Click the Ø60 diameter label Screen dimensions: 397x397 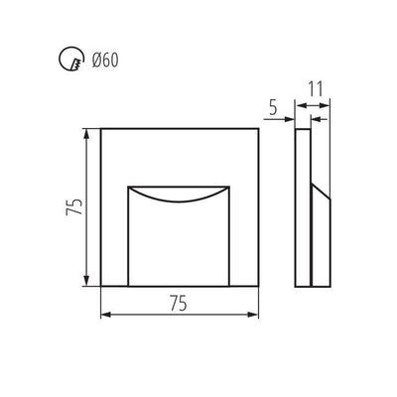pos(105,61)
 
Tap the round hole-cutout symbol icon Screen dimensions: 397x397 pos(70,60)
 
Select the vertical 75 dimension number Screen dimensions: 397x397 pos(74,207)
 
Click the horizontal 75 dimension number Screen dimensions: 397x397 pos(179,303)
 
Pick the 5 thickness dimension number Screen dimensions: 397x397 pos(273,107)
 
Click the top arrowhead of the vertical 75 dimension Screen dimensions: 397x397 pos(86,134)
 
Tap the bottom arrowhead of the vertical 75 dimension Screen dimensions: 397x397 pos(86,281)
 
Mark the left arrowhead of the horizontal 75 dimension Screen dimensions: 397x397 pos(106,315)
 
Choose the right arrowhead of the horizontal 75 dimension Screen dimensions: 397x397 pos(253,315)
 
